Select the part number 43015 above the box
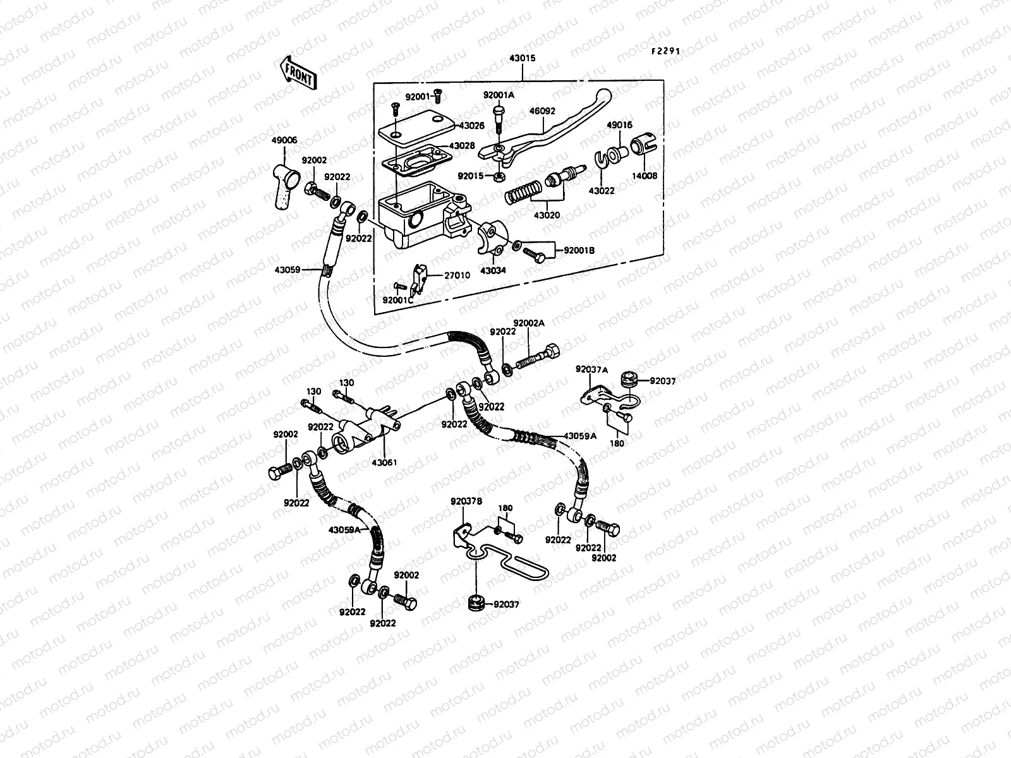522,58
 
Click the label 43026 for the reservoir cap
471,126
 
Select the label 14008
645,176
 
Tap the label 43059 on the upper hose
288,269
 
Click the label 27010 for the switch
457,275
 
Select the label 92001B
579,250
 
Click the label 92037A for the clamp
591,369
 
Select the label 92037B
466,502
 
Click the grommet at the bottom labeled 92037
476,603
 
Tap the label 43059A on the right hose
579,436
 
